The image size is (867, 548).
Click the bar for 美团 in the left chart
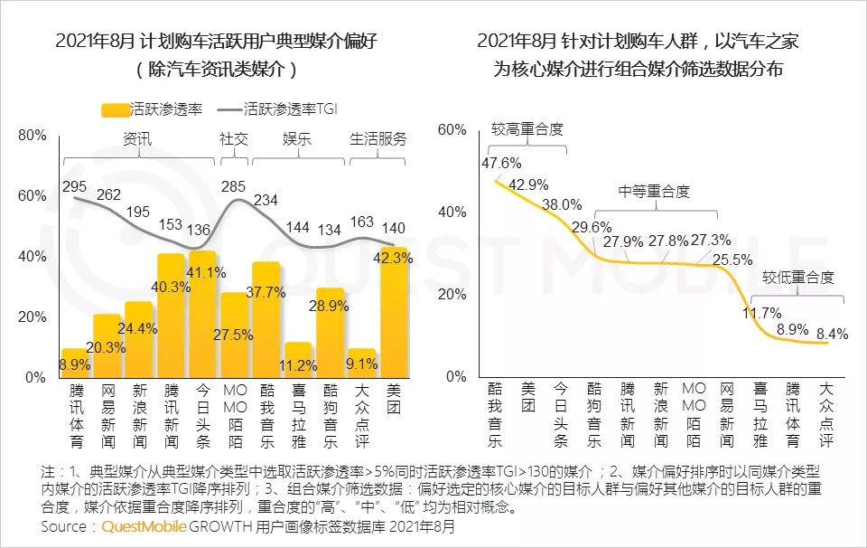[x=394, y=312]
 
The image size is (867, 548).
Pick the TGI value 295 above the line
[x=74, y=185]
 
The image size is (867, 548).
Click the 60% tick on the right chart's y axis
[x=452, y=129]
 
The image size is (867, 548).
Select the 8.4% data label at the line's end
[x=833, y=334]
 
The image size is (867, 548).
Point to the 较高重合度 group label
[x=527, y=129]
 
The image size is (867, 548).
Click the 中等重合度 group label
[x=654, y=192]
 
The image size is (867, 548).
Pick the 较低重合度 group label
[x=797, y=277]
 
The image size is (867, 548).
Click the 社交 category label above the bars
[x=234, y=139]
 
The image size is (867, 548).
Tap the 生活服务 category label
[x=378, y=139]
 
